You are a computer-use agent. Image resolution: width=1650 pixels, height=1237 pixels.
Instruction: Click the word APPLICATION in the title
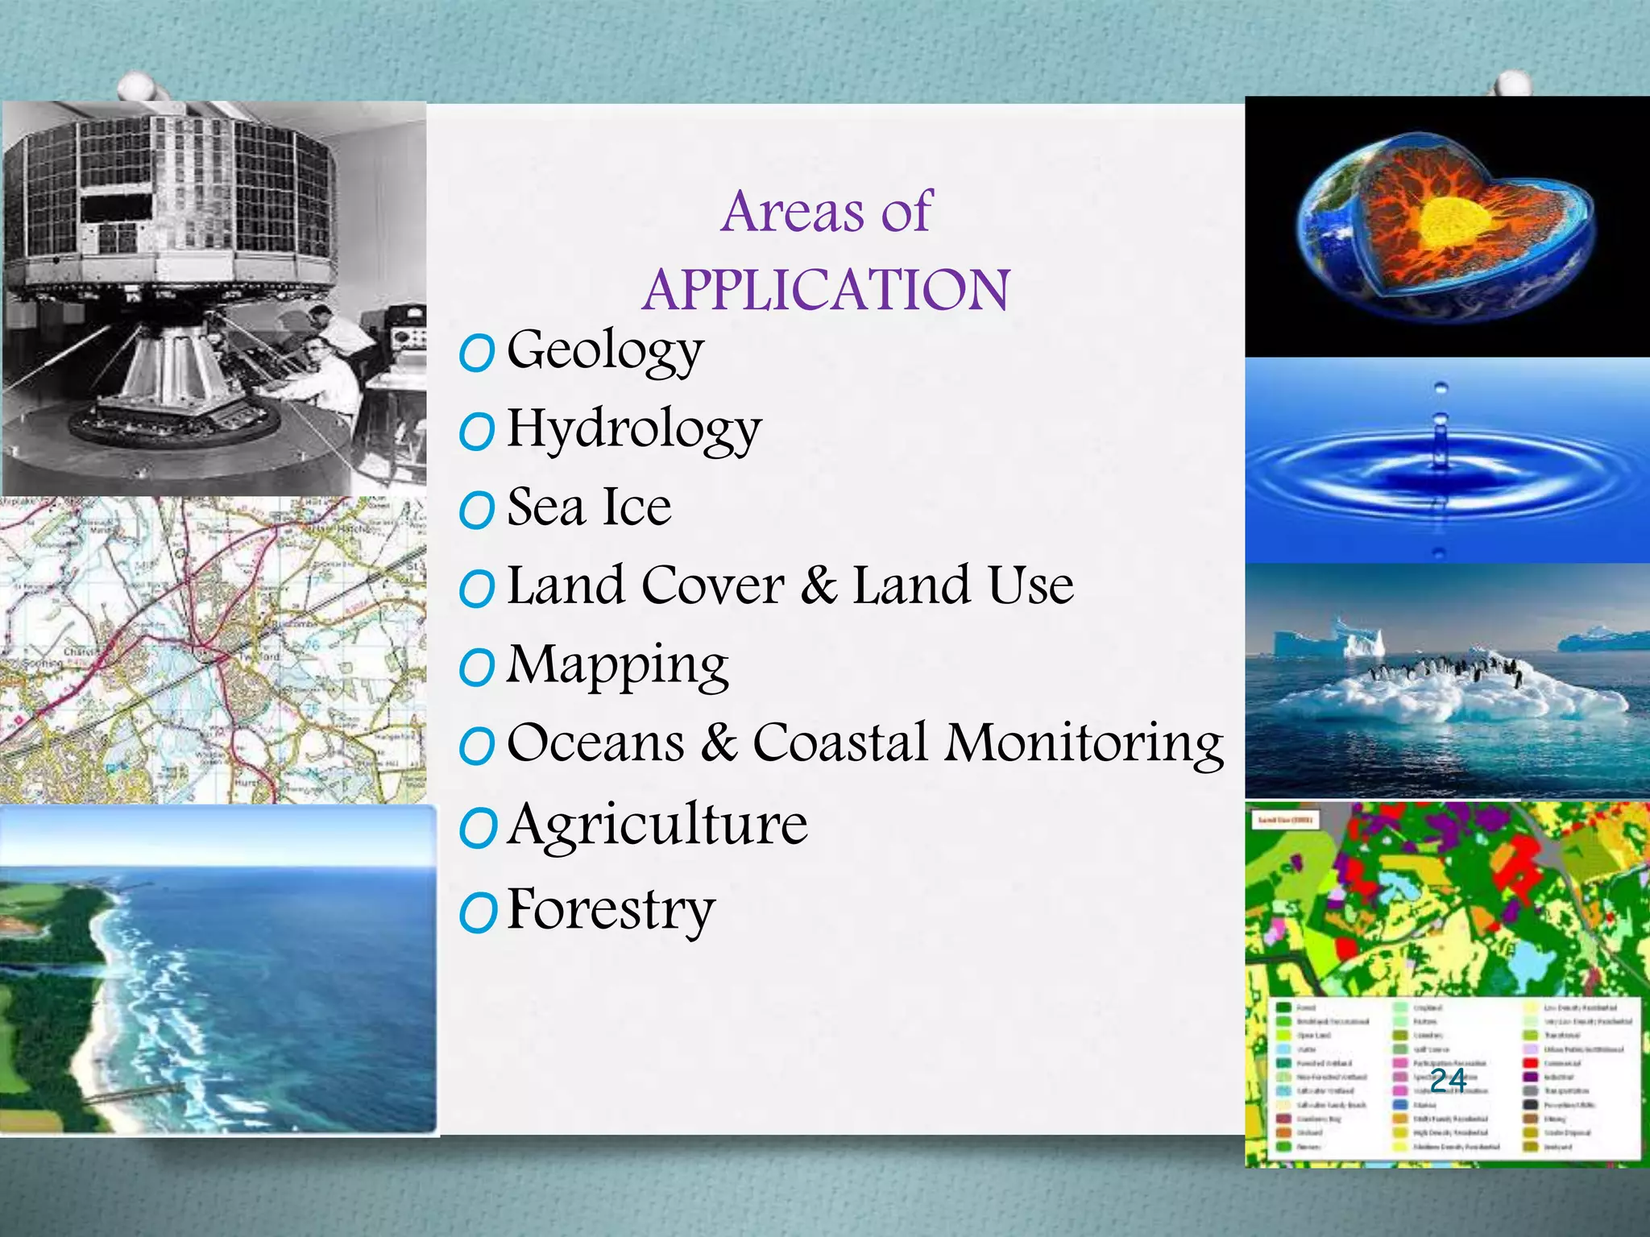pos(826,290)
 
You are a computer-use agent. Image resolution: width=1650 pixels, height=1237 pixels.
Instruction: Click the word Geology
pos(605,351)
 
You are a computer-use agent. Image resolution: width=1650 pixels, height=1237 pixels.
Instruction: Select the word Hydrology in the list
pos(634,429)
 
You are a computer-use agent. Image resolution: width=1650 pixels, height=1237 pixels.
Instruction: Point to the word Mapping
pos(617,665)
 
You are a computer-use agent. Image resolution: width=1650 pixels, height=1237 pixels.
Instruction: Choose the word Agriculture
pos(657,825)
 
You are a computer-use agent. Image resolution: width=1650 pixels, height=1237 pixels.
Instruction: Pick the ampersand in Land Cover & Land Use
pos(818,585)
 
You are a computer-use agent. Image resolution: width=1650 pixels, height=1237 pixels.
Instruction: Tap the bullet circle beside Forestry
pos(476,913)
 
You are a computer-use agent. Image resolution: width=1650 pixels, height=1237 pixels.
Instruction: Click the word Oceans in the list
pos(595,743)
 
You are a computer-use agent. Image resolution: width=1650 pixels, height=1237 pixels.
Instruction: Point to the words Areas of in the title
pos(827,212)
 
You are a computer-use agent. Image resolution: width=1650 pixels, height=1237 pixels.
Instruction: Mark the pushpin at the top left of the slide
pos(139,86)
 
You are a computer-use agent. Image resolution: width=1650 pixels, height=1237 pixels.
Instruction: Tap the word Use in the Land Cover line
pos(1031,585)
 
